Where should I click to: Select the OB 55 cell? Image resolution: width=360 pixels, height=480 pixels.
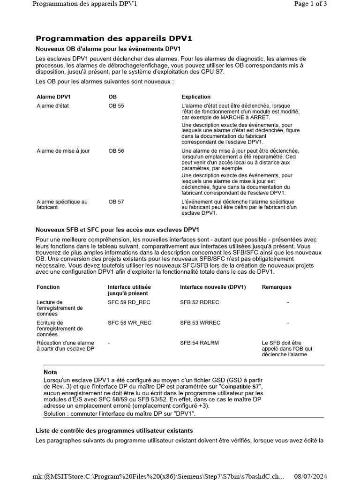[x=116, y=106]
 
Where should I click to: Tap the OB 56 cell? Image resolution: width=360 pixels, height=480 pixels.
[x=116, y=151]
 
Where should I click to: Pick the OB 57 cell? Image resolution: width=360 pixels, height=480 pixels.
[x=116, y=202]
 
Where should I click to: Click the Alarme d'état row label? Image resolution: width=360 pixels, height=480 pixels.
[x=52, y=106]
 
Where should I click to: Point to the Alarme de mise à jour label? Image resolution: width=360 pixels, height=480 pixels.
[x=63, y=151]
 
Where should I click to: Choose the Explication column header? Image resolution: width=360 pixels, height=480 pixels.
[x=196, y=97]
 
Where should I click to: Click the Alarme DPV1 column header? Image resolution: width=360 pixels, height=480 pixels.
[x=53, y=97]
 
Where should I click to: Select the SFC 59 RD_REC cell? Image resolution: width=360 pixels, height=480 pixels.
[x=129, y=302]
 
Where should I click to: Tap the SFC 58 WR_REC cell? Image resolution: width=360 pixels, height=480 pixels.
[x=129, y=323]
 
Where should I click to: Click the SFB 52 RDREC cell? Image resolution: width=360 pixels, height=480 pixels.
[x=199, y=302]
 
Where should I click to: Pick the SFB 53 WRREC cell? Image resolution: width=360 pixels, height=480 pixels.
[x=200, y=323]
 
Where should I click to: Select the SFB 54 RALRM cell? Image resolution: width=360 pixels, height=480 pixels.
[x=199, y=343]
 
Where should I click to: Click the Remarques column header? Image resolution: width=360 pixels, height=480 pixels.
[x=277, y=287]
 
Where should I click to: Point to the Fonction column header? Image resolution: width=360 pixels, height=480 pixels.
[x=48, y=287]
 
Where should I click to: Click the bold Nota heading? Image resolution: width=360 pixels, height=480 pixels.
[x=50, y=372]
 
